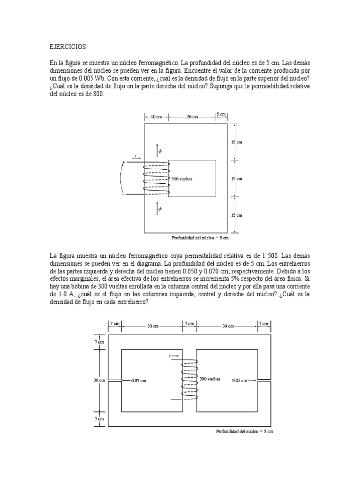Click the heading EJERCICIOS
(67, 47)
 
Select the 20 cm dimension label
(192, 117)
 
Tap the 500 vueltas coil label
(182, 179)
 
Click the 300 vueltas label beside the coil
(210, 378)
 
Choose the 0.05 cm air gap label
(240, 381)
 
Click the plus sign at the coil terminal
(124, 163)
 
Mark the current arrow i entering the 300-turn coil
(174, 357)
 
